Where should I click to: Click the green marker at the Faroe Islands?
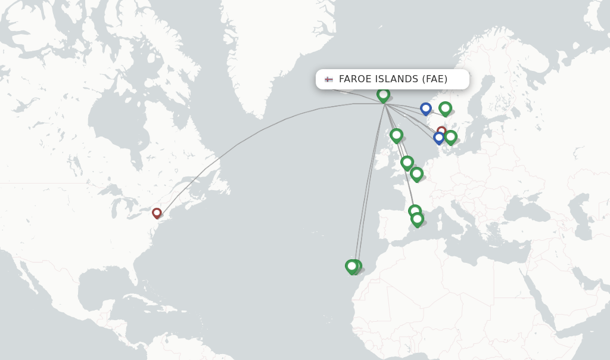383,94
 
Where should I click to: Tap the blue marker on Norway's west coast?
425,108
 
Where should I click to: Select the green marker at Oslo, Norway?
445,108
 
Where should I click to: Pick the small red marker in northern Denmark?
441,131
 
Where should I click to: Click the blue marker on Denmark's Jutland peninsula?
439,138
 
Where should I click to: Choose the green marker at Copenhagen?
451,136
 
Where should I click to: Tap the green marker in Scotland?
396,135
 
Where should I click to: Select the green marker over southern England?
407,162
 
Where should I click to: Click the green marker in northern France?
416,173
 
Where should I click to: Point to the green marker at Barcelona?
415,211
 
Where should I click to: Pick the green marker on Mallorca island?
418,219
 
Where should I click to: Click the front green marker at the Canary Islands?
351,266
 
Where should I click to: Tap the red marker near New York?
157,212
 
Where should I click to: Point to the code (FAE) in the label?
435,79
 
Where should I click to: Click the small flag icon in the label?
329,79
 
